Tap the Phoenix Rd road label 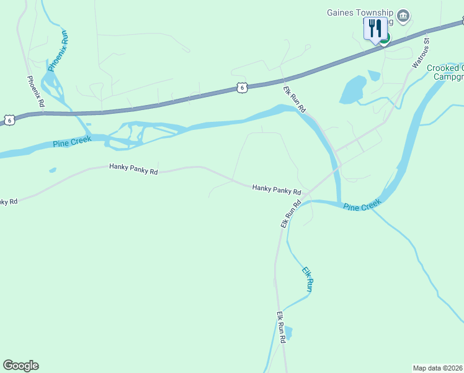35,92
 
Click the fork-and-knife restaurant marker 375,29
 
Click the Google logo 20,366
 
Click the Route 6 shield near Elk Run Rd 242,88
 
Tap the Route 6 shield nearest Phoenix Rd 9,119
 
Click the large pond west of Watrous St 353,90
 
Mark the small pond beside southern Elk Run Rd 287,333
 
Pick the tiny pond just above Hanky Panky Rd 53,170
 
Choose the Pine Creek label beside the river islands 72,142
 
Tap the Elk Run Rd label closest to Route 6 295,99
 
